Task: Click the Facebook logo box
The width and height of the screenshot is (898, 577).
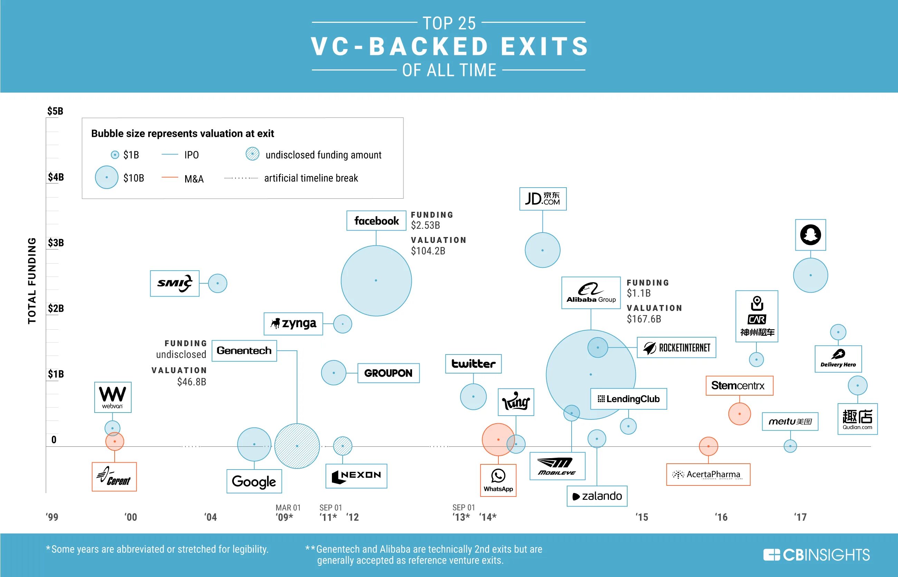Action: coord(376,221)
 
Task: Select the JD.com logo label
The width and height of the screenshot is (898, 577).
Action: coord(543,199)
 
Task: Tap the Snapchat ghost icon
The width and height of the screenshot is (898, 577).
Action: coord(810,235)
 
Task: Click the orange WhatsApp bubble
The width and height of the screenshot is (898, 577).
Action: coord(498,439)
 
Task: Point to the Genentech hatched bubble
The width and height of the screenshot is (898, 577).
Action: coord(297,446)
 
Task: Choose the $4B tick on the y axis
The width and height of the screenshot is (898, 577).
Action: coord(55,177)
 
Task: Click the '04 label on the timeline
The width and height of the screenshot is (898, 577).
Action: coord(210,517)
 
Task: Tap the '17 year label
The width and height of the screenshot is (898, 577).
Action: coord(800,517)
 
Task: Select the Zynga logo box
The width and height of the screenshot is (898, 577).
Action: coord(293,324)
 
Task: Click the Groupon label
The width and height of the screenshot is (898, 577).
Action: coord(388,373)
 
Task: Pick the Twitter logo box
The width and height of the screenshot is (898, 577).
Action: coord(473,364)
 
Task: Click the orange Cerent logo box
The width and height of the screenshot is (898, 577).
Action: coord(114,476)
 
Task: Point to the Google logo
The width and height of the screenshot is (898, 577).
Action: coord(254,481)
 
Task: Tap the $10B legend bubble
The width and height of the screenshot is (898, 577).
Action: coord(107,177)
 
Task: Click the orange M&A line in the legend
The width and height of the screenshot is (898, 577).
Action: coord(170,177)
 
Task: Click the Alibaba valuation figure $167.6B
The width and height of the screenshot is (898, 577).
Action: coord(644,319)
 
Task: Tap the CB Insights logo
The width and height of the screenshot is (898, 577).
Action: coord(816,555)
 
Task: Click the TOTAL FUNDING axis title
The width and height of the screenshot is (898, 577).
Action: coord(32,281)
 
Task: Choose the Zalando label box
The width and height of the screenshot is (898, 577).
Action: coord(597,496)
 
